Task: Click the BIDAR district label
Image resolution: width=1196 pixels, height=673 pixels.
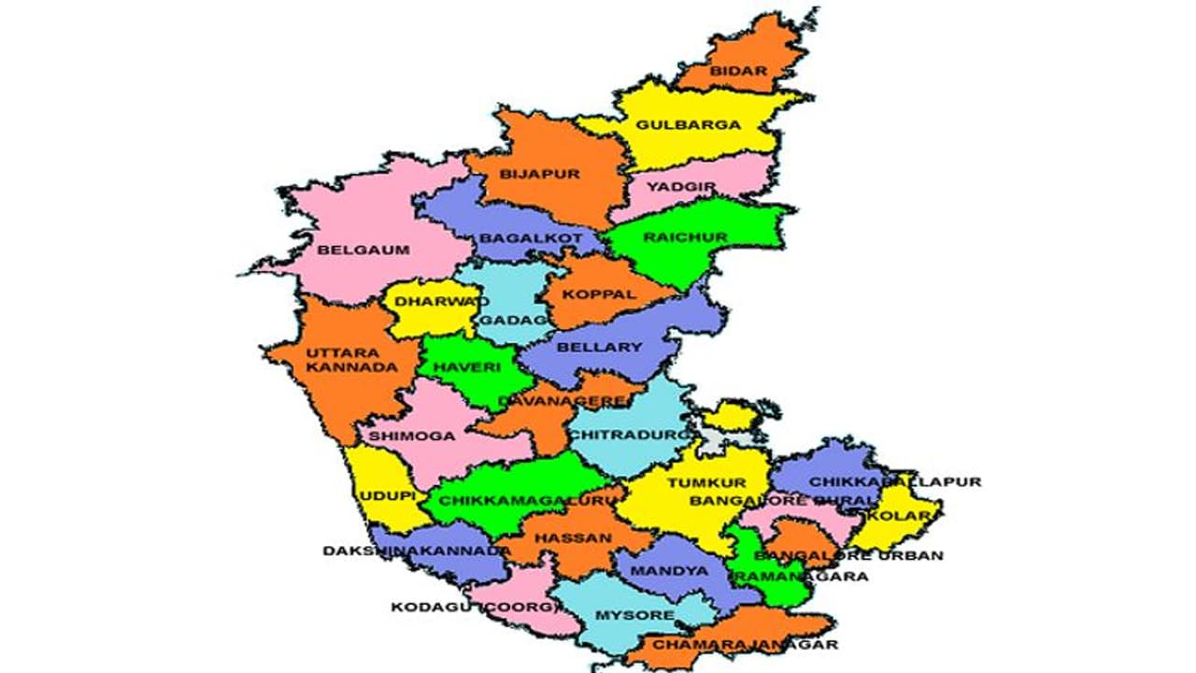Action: pos(738,71)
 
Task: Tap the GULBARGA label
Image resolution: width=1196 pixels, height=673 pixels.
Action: pos(689,124)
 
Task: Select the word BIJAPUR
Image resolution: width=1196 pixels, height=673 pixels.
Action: pos(540,174)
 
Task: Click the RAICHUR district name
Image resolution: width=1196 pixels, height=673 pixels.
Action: pos(684,237)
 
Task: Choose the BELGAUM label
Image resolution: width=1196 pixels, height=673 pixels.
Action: pos(350,250)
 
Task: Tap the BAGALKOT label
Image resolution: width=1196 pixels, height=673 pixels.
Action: pos(531,238)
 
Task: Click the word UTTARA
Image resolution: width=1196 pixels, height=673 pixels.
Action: pos(343,353)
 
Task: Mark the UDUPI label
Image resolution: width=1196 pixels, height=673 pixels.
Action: pos(388,495)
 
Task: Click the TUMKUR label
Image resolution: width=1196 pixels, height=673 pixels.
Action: pos(706,482)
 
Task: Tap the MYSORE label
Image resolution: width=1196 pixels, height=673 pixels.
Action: pos(634,615)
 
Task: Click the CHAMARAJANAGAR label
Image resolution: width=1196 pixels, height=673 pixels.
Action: pos(745,644)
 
